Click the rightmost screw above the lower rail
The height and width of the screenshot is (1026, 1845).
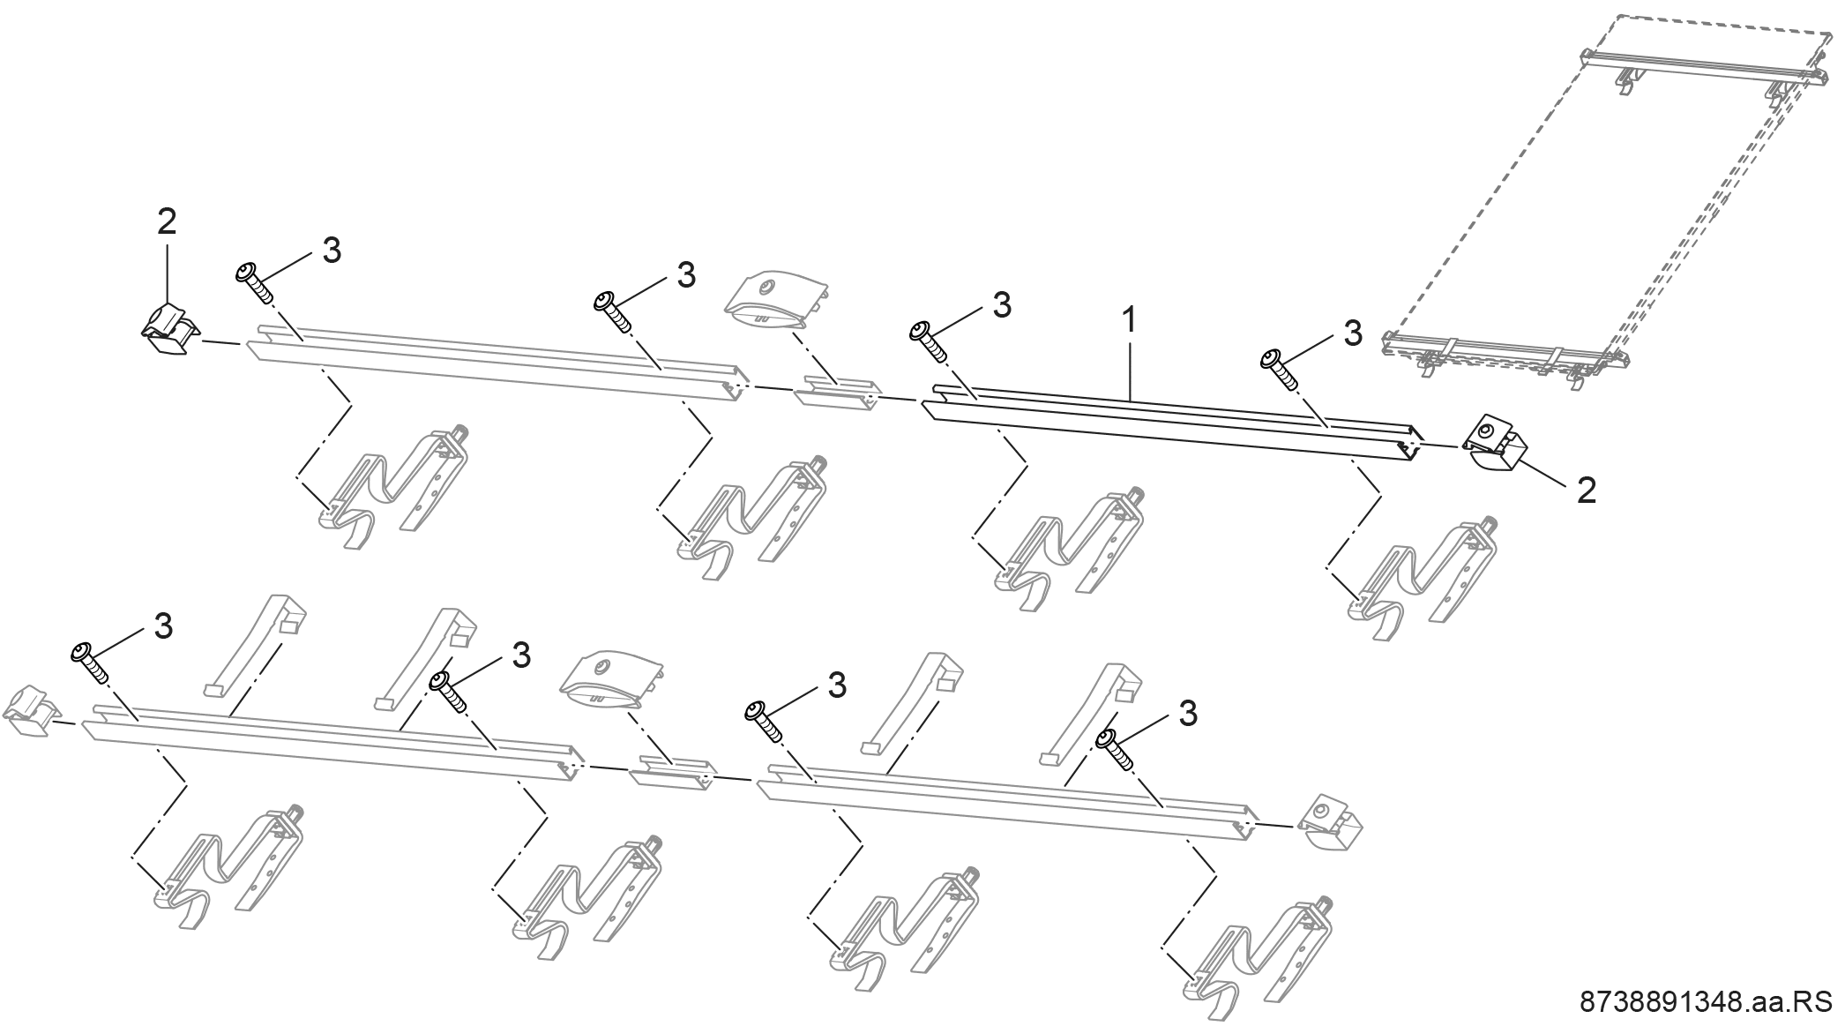click(1115, 749)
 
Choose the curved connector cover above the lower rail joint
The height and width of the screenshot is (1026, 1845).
click(611, 681)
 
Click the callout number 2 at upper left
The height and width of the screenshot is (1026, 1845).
click(167, 221)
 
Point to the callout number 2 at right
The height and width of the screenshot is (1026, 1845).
click(1587, 491)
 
